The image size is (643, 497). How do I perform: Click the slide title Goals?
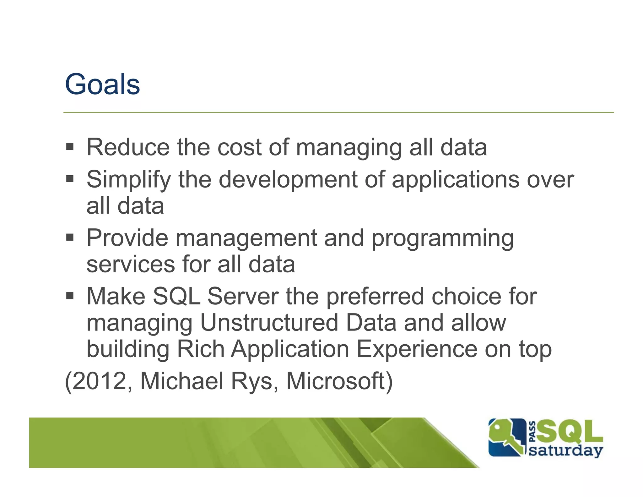pos(102,85)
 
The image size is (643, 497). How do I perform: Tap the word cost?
pos(240,147)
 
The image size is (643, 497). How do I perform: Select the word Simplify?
pos(129,180)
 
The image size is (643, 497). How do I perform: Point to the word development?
pos(288,180)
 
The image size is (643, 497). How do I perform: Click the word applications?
pos(455,180)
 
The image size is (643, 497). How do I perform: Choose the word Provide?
pos(127,238)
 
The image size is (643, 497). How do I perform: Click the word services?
pos(130,265)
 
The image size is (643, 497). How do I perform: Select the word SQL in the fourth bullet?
pos(176,296)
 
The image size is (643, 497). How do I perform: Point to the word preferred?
pos(375,297)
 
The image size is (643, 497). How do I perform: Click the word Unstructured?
pos(269,323)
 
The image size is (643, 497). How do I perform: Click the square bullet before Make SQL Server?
pos(70,296)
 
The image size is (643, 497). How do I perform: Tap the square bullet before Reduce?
pos(70,147)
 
